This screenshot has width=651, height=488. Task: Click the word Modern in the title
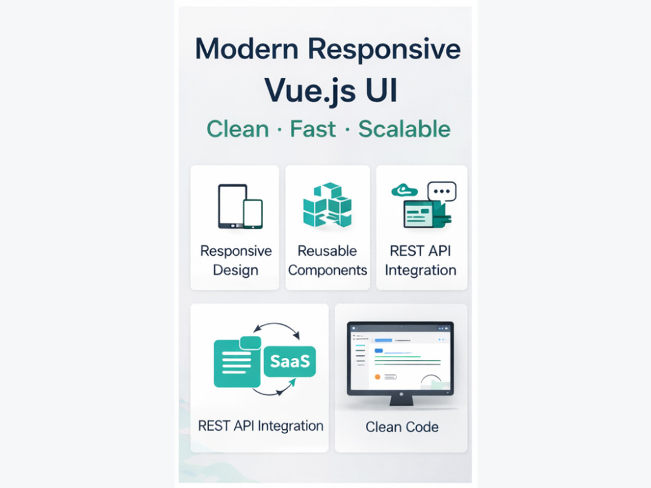coord(247,49)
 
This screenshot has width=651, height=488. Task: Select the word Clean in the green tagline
coord(238,129)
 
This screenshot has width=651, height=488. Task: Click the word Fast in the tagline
coord(312,129)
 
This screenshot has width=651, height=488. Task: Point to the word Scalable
coord(404,129)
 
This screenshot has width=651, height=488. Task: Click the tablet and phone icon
coord(240,206)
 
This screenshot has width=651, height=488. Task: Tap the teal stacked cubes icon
coord(327,204)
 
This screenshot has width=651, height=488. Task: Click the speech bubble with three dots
coord(442,192)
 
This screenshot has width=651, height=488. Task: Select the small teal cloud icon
coord(404,190)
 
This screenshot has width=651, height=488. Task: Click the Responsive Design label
coord(236,260)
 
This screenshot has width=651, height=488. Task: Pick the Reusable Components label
coord(327,260)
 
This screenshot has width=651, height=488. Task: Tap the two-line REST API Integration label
coord(421,260)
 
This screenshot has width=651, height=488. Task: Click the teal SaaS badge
coord(290,361)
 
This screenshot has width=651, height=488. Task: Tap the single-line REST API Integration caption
coord(261,426)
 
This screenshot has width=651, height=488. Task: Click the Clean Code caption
coord(402,427)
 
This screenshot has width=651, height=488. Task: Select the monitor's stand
coord(401,400)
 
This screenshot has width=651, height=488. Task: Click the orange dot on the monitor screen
coord(378,377)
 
